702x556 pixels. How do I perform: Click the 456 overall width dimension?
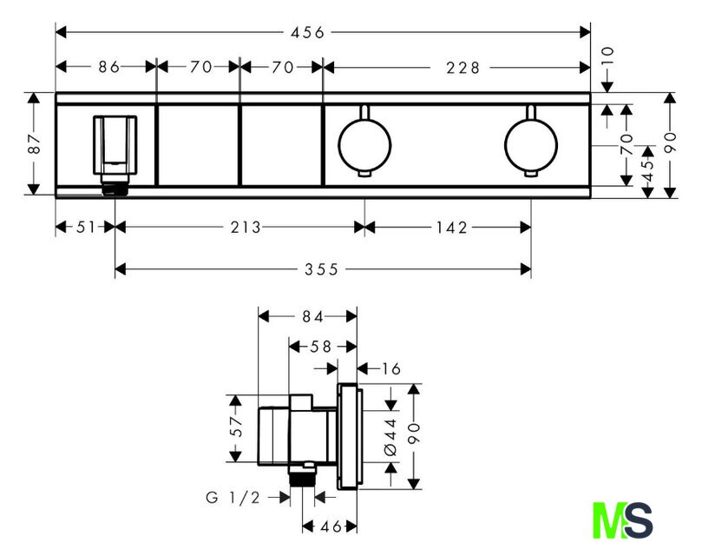click(307, 32)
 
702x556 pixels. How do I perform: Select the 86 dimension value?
click(108, 67)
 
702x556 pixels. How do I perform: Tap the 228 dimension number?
click(463, 68)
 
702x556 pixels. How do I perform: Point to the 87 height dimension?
click(35, 143)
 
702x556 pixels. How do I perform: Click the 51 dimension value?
click(86, 228)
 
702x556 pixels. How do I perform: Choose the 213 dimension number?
click(246, 228)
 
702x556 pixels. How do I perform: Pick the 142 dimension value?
click(451, 228)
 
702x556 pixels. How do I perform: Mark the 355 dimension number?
click(321, 269)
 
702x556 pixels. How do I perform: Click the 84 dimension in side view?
click(312, 316)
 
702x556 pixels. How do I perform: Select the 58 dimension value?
click(320, 347)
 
